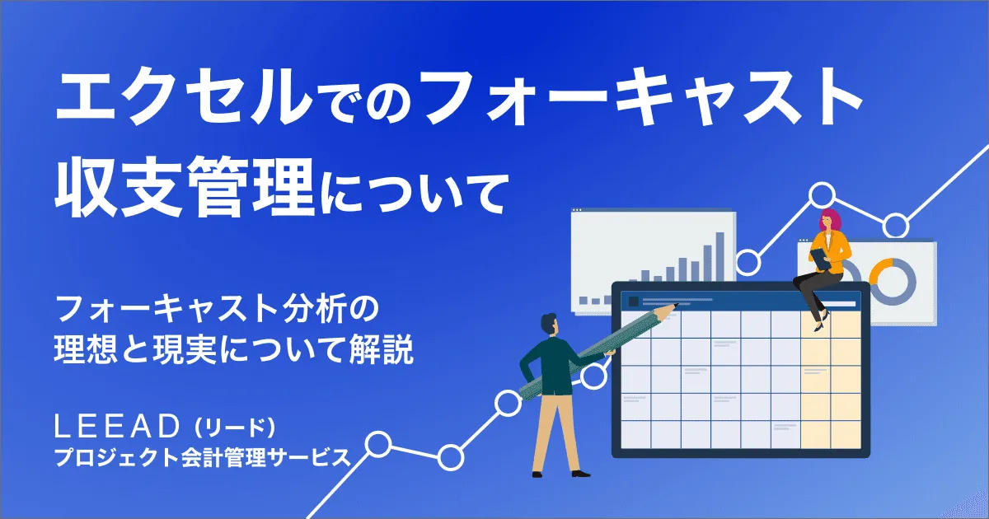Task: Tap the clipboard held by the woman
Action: click(821, 257)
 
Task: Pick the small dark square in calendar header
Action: click(633, 302)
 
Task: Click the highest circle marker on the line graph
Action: click(822, 195)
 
